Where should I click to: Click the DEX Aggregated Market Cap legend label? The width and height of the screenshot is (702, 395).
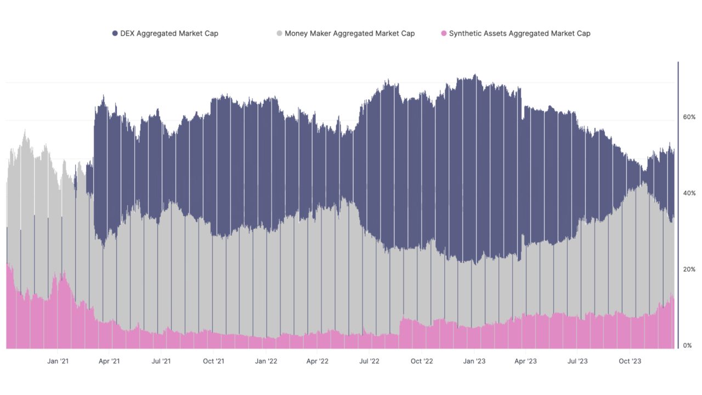pos(169,33)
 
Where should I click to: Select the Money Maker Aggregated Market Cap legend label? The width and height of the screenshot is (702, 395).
pos(349,33)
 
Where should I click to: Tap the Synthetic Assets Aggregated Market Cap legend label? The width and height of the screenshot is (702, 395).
pos(519,33)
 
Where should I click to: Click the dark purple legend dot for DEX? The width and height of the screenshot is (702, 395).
pos(115,33)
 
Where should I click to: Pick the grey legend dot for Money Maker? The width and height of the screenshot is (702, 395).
pos(279,33)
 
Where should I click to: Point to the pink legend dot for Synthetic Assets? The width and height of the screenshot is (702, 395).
pos(443,33)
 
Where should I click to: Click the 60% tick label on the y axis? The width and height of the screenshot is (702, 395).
pos(689,117)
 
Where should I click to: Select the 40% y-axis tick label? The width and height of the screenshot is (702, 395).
pos(689,193)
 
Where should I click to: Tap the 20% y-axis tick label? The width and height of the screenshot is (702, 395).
pos(689,269)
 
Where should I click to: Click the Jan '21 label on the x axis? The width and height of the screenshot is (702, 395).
pos(58,361)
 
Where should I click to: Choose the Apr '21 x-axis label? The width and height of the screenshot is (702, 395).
pos(109,361)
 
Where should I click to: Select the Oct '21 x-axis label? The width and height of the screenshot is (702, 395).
pos(213,361)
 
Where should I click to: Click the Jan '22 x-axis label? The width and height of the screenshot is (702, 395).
pos(266,361)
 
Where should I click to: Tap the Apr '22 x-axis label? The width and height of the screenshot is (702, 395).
pos(317,361)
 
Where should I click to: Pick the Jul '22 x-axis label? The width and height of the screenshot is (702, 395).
pos(369,361)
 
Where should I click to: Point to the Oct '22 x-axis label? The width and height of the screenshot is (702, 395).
pos(422,361)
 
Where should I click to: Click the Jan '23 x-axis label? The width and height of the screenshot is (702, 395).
pos(474,361)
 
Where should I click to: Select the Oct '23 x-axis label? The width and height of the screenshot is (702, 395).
pos(630,361)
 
